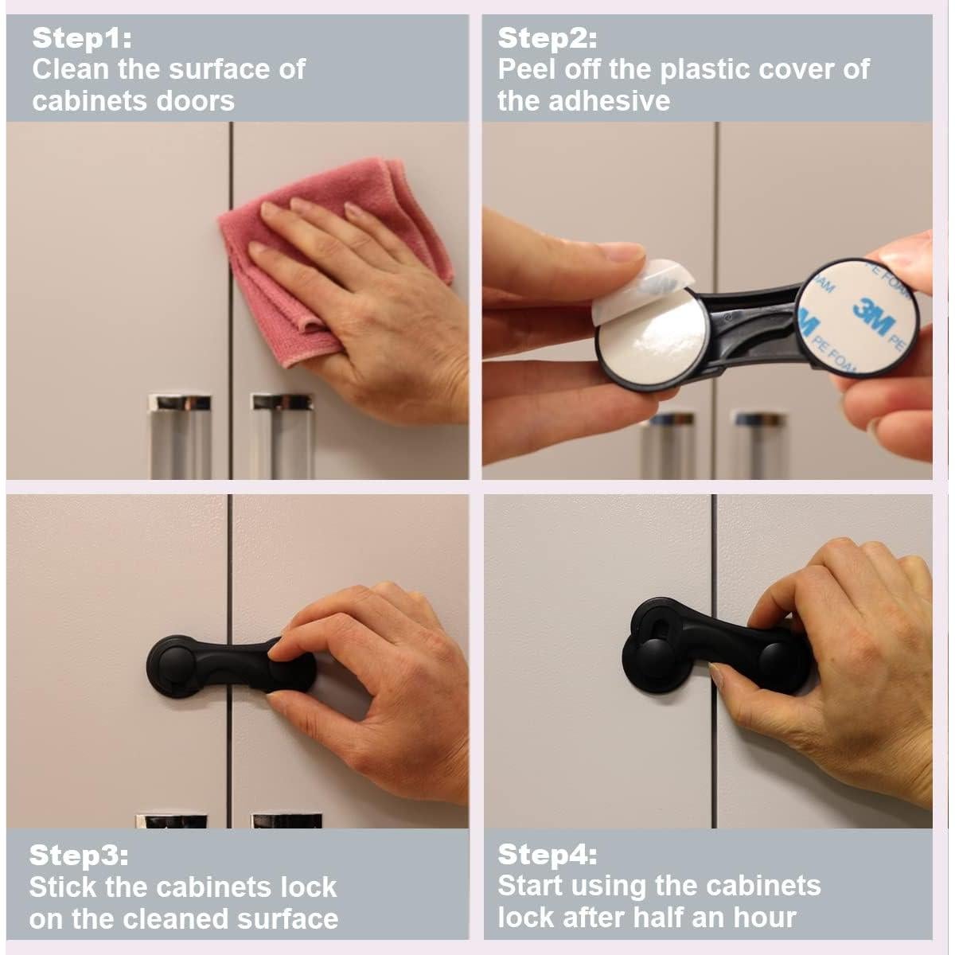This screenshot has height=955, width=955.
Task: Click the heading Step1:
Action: click(82, 39)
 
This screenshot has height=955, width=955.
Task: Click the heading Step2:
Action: click(548, 39)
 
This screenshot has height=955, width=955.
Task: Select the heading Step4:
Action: click(548, 855)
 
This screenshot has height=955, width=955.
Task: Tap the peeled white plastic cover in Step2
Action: click(639, 287)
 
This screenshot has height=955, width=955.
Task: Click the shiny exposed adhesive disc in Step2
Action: click(650, 336)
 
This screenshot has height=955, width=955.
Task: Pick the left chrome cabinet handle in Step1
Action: click(181, 436)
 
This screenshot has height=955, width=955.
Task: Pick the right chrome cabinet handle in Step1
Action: click(283, 436)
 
